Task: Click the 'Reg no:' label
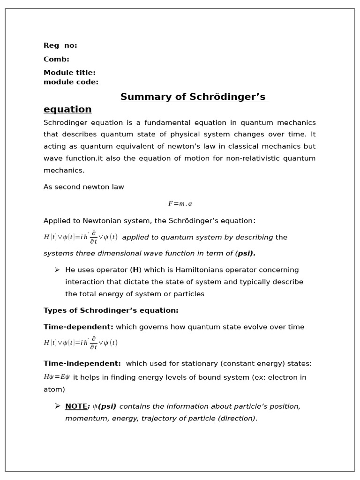[60, 45]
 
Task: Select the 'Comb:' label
[56, 59]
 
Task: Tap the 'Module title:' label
[69, 73]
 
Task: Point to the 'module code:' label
[71, 82]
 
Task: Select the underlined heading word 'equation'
[67, 110]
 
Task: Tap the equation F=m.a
[180, 204]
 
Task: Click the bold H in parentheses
[136, 270]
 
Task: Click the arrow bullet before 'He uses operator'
[57, 270]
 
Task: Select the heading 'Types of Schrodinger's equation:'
[111, 310]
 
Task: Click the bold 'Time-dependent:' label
[78, 327]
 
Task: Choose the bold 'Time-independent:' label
[82, 364]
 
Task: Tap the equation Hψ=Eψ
[57, 377]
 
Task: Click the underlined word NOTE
[76, 406]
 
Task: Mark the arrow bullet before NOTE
[57, 406]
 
